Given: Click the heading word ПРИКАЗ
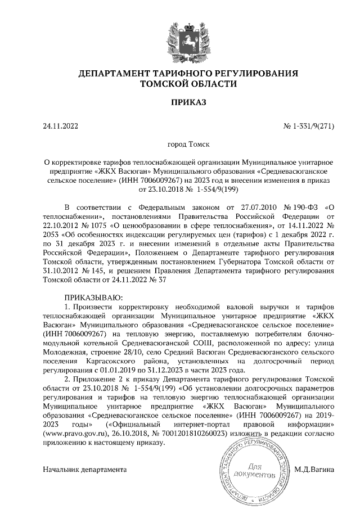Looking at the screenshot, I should pos(180,102).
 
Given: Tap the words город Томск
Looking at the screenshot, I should pos(180,144).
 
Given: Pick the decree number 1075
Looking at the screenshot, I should pos(88,222).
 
